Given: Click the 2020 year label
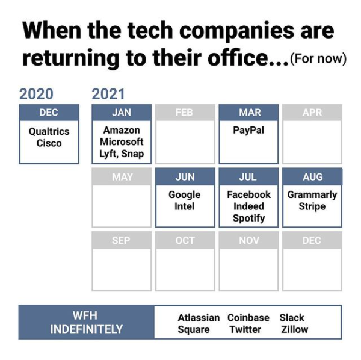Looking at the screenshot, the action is (x=36, y=94).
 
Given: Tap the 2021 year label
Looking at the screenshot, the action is (x=108, y=94).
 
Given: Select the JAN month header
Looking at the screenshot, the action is (x=122, y=113).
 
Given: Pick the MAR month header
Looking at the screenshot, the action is (x=248, y=113).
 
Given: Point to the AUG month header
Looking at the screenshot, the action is (x=312, y=176).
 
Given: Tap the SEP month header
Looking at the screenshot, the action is (x=122, y=240).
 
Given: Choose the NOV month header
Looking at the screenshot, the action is (x=248, y=240).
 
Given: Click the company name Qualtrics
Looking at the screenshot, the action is (x=49, y=132).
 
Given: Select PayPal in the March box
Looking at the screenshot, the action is (x=248, y=131).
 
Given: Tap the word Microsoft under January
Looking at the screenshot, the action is (x=122, y=142).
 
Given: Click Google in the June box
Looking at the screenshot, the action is (x=185, y=195).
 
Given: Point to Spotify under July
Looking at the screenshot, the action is (x=248, y=218).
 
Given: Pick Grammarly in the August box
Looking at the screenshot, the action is (x=312, y=195).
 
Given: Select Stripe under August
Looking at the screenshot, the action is (x=312, y=206).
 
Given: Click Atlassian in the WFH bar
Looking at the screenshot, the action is (x=199, y=318).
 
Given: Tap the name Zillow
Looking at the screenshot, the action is (x=294, y=329).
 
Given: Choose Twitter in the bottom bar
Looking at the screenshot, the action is (x=245, y=329).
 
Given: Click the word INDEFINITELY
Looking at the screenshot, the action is (x=86, y=329).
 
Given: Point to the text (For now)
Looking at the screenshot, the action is (x=318, y=58).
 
